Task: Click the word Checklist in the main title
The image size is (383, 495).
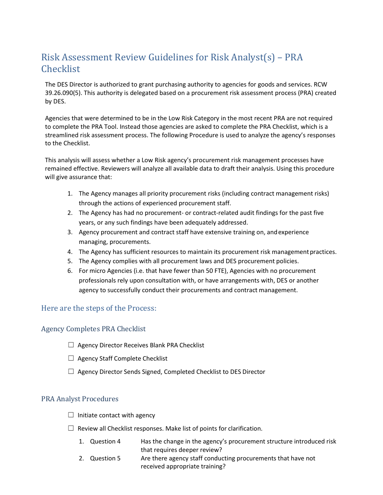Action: click(x=60, y=69)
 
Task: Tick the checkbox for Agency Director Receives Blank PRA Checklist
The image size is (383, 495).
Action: click(x=71, y=345)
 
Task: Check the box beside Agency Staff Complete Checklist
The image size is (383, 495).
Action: click(x=71, y=358)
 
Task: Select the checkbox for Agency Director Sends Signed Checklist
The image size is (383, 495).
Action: click(x=71, y=371)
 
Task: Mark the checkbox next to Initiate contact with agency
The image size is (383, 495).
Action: click(x=71, y=415)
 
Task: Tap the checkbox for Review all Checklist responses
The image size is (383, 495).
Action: click(x=71, y=428)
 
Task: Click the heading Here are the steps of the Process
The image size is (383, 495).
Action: click(x=98, y=308)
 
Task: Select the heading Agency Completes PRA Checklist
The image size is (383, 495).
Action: click(x=93, y=329)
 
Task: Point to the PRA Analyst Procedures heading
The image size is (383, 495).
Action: click(x=79, y=399)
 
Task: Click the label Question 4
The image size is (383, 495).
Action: click(x=105, y=441)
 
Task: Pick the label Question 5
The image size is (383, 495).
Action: click(x=105, y=458)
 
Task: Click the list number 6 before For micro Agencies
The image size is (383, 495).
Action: click(x=70, y=271)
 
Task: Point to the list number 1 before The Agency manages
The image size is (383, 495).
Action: click(x=70, y=194)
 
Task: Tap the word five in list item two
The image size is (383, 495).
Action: click(x=316, y=213)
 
